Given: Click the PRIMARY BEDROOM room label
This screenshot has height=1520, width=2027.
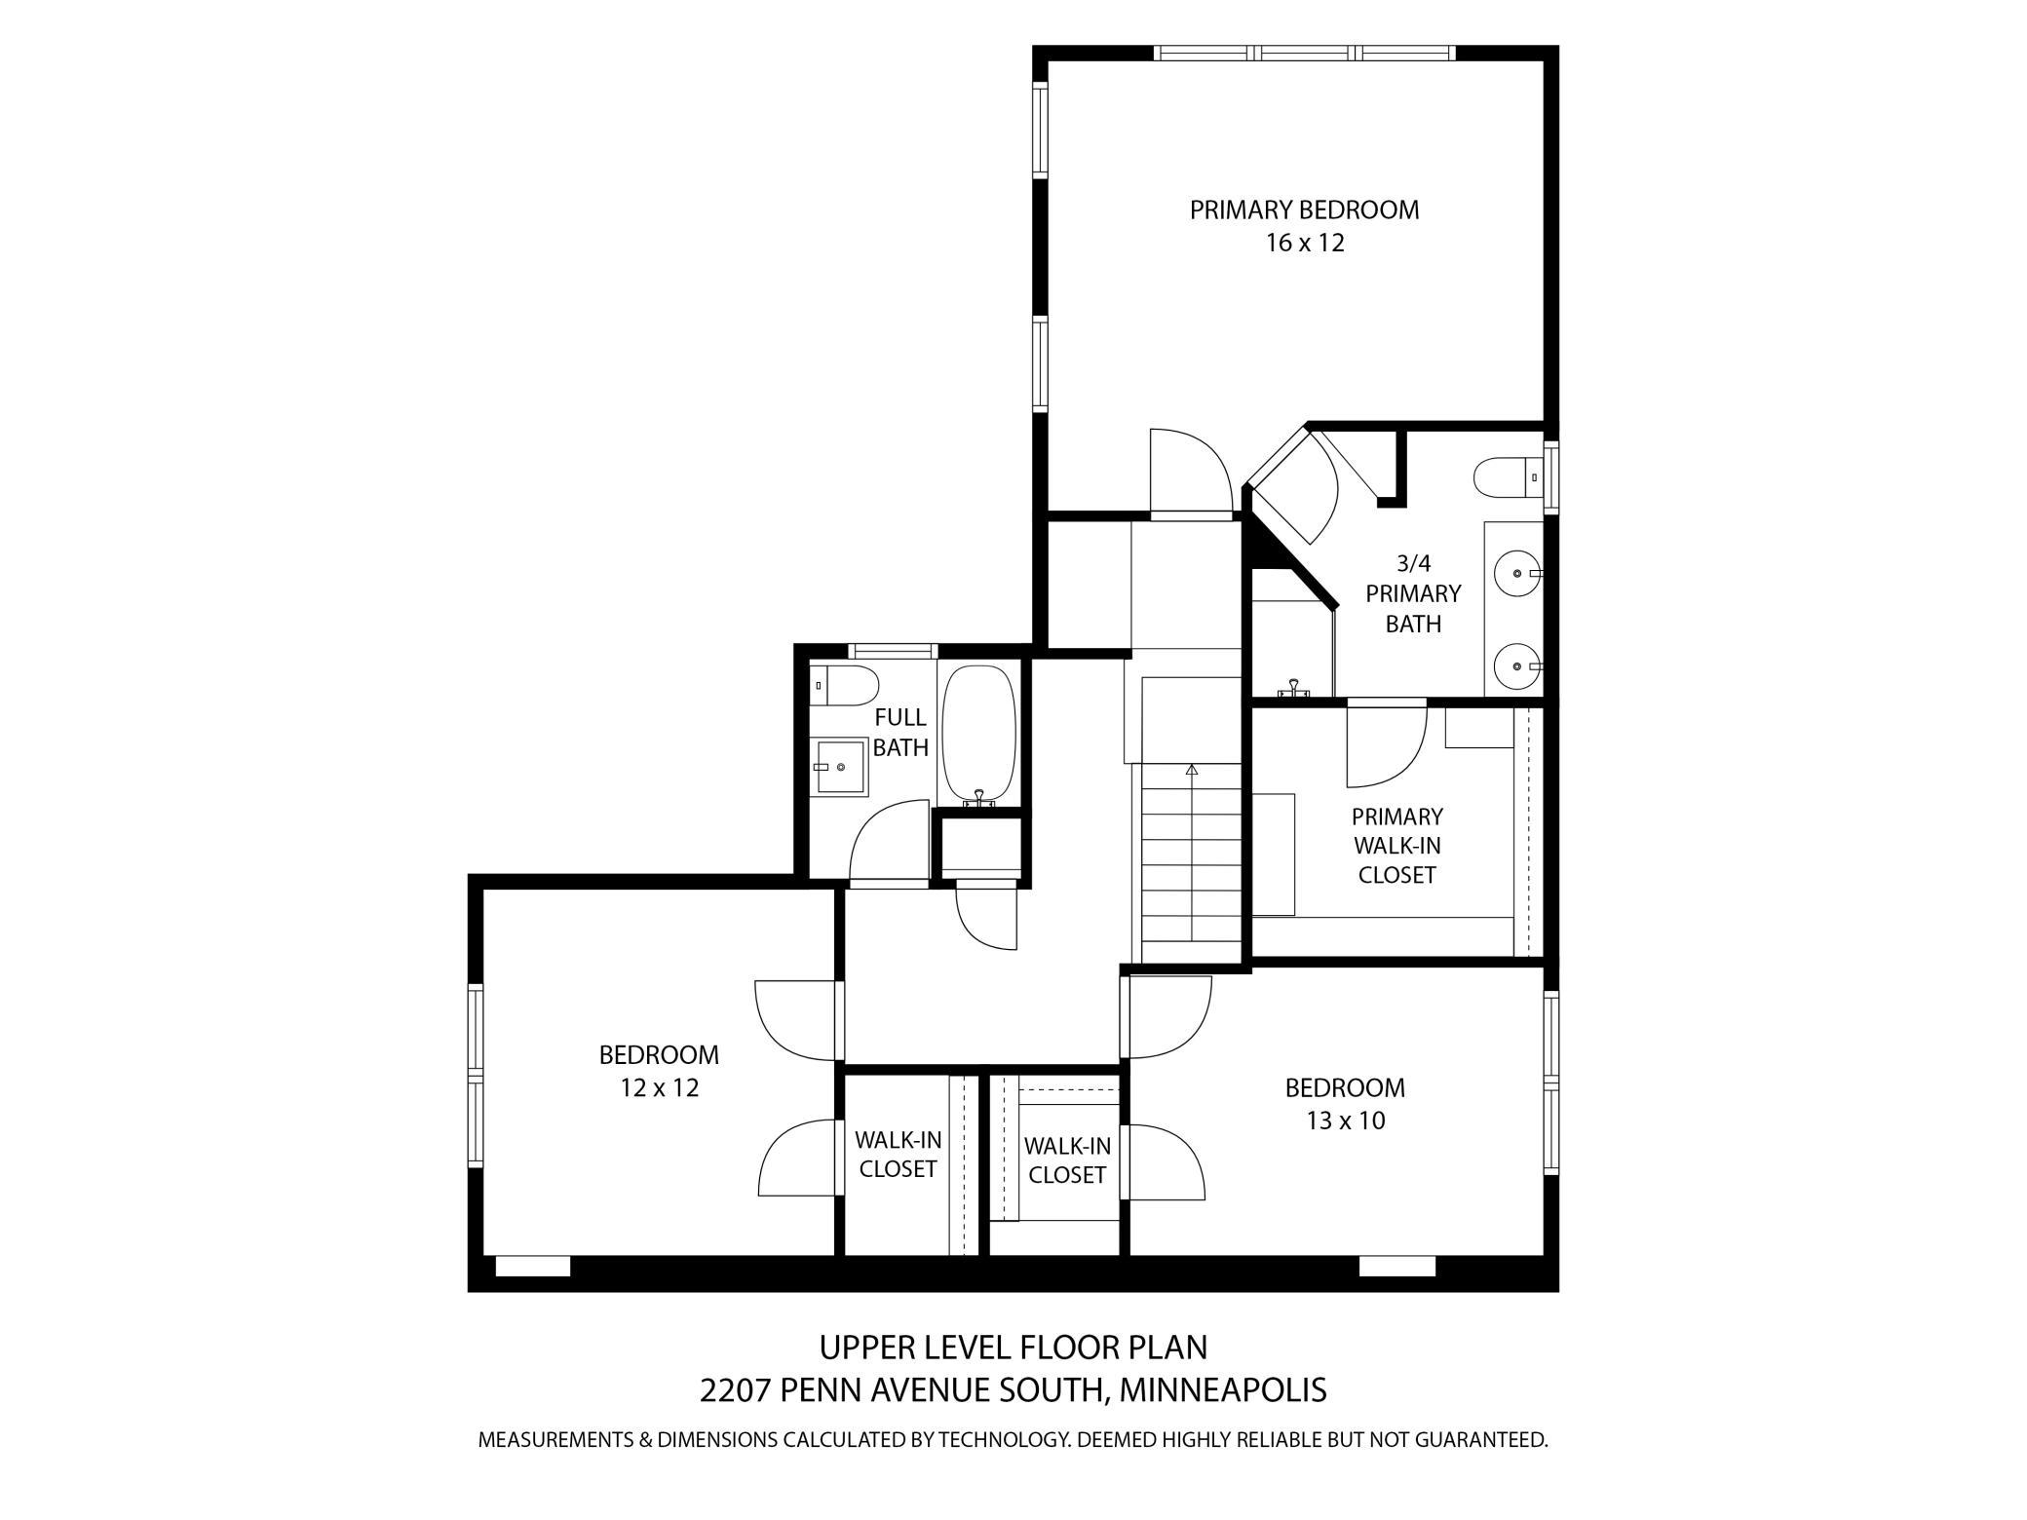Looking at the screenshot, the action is [1304, 209].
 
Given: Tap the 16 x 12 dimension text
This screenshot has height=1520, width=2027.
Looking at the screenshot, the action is [1305, 244].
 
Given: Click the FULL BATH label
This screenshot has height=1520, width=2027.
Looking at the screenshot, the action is [899, 733].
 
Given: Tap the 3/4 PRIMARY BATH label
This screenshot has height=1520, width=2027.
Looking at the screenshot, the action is [1413, 593].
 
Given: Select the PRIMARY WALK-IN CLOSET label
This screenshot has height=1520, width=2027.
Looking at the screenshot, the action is [1396, 846].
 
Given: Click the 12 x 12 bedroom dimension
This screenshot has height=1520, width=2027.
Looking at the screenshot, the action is [660, 1087].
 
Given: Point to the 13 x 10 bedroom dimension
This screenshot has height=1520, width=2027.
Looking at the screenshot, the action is [1345, 1121].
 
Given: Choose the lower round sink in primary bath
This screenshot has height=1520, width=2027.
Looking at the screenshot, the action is [1518, 666].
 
